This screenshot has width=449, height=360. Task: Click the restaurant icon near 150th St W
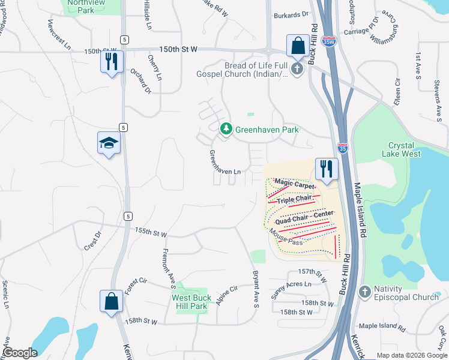click(x=112, y=62)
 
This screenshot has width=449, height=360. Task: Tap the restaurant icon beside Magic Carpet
click(x=327, y=169)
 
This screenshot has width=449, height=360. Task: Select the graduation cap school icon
click(x=109, y=143)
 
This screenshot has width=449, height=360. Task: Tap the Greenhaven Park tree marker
click(x=226, y=129)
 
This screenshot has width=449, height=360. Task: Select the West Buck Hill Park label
click(x=190, y=302)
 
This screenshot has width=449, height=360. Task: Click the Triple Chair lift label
click(x=295, y=199)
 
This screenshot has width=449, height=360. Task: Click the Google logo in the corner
click(x=20, y=353)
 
